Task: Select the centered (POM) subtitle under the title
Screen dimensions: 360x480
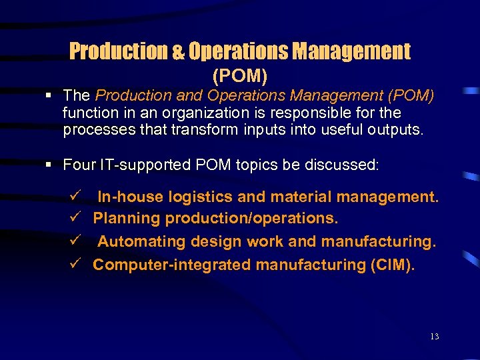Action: point(240,77)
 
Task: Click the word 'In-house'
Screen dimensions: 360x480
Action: point(130,197)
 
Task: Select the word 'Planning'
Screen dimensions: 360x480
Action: point(127,219)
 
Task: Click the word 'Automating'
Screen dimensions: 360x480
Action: point(139,241)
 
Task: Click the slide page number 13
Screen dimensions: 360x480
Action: point(434,337)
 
